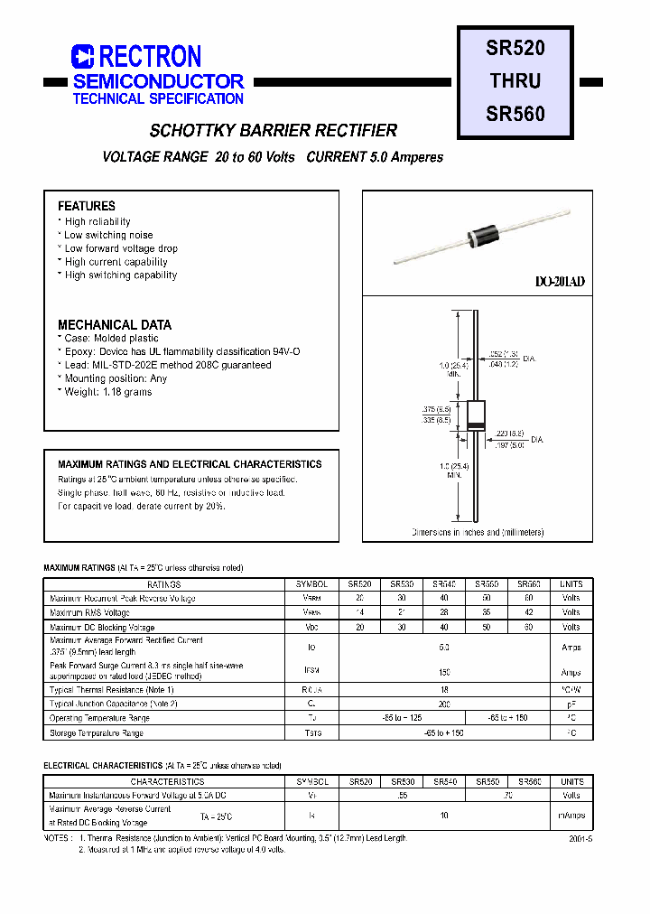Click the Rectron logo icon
(82, 57)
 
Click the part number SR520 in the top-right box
(515, 46)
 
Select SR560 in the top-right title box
(515, 115)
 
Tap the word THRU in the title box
(515, 80)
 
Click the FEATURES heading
(87, 206)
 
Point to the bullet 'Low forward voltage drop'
(121, 248)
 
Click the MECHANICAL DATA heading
(115, 324)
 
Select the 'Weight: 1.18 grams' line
(107, 392)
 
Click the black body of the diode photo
(478, 237)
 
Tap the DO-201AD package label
(560, 282)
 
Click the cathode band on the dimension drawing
(475, 424)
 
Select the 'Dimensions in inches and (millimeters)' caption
(478, 533)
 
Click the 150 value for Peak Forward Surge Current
(444, 671)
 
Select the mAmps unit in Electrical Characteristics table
(571, 816)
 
